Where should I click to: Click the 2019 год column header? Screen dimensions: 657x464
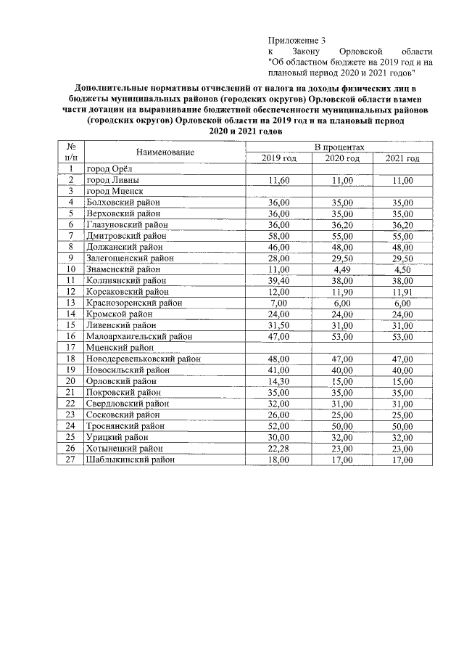pos(279,158)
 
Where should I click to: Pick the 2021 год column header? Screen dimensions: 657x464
pos(402,158)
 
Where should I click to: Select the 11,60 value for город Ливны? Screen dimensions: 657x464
pos(279,180)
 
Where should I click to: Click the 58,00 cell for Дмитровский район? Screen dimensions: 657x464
pos(279,236)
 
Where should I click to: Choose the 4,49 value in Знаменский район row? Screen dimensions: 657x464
pos(342,269)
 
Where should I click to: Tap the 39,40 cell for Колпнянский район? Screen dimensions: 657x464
pos(279,280)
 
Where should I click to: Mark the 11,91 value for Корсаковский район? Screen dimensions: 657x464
pos(402,292)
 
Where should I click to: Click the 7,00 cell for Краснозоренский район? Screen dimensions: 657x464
pos(279,303)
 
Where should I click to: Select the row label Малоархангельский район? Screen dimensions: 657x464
pos(138,336)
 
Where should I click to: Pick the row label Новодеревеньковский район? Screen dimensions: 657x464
pos(143,359)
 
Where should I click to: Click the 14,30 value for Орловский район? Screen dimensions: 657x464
pos(279,381)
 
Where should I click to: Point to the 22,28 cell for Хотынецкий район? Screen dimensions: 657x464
pos(279,448)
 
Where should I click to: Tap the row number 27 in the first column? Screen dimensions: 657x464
pos(71,460)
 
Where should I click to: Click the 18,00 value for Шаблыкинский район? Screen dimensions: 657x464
pos(279,460)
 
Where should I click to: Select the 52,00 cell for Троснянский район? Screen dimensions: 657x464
pos(279,426)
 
